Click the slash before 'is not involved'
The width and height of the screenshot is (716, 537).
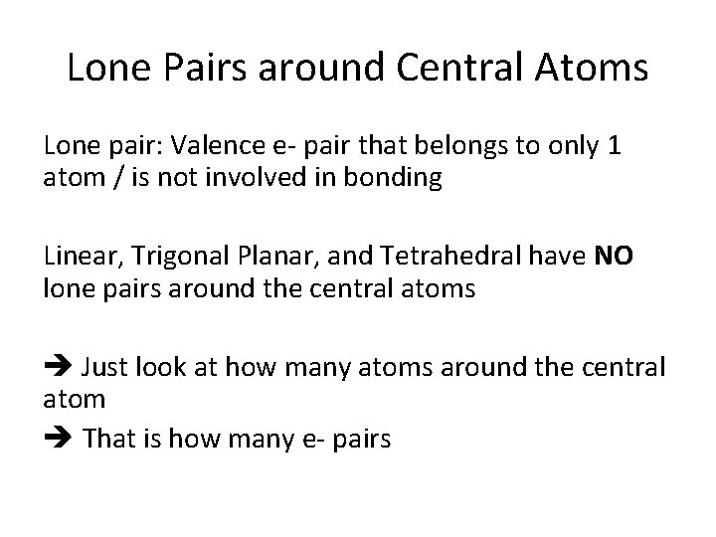(x=110, y=180)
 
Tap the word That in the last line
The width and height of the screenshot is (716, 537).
(x=113, y=438)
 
